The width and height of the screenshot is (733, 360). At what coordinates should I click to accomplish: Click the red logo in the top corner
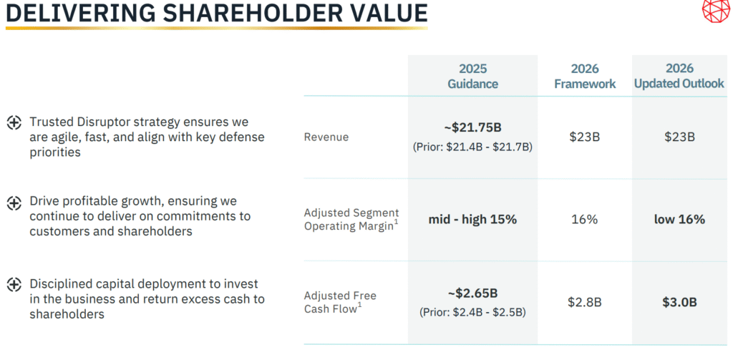717,11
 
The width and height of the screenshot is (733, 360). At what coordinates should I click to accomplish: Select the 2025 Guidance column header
472,76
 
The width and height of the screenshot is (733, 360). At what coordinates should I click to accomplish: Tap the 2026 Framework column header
585,77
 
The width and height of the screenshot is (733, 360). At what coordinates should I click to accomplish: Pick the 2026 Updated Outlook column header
679,76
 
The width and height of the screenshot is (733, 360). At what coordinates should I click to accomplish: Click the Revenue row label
326,137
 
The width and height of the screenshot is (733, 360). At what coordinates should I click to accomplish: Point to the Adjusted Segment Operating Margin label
351,220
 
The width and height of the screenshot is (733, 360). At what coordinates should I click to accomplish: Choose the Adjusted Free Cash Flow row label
340,302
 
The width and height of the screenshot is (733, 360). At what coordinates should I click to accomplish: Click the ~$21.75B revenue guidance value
472,128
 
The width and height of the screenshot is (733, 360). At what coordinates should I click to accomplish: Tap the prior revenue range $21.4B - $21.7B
472,147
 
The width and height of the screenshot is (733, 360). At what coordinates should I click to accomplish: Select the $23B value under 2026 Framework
585,137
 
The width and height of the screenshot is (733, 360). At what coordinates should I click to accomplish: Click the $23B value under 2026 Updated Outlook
679,137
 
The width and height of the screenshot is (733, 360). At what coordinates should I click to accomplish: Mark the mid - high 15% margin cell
472,220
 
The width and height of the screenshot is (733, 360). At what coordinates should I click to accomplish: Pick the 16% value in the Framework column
585,220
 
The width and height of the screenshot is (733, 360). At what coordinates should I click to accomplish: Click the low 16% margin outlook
679,220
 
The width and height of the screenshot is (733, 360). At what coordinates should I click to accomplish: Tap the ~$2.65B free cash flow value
472,293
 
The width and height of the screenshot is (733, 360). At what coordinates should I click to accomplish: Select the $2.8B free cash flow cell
585,302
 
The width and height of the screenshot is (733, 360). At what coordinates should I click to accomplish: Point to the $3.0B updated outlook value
679,302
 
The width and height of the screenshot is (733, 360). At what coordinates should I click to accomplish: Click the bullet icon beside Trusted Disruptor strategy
14,122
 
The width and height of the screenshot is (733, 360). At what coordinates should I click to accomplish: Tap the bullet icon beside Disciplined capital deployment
14,285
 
